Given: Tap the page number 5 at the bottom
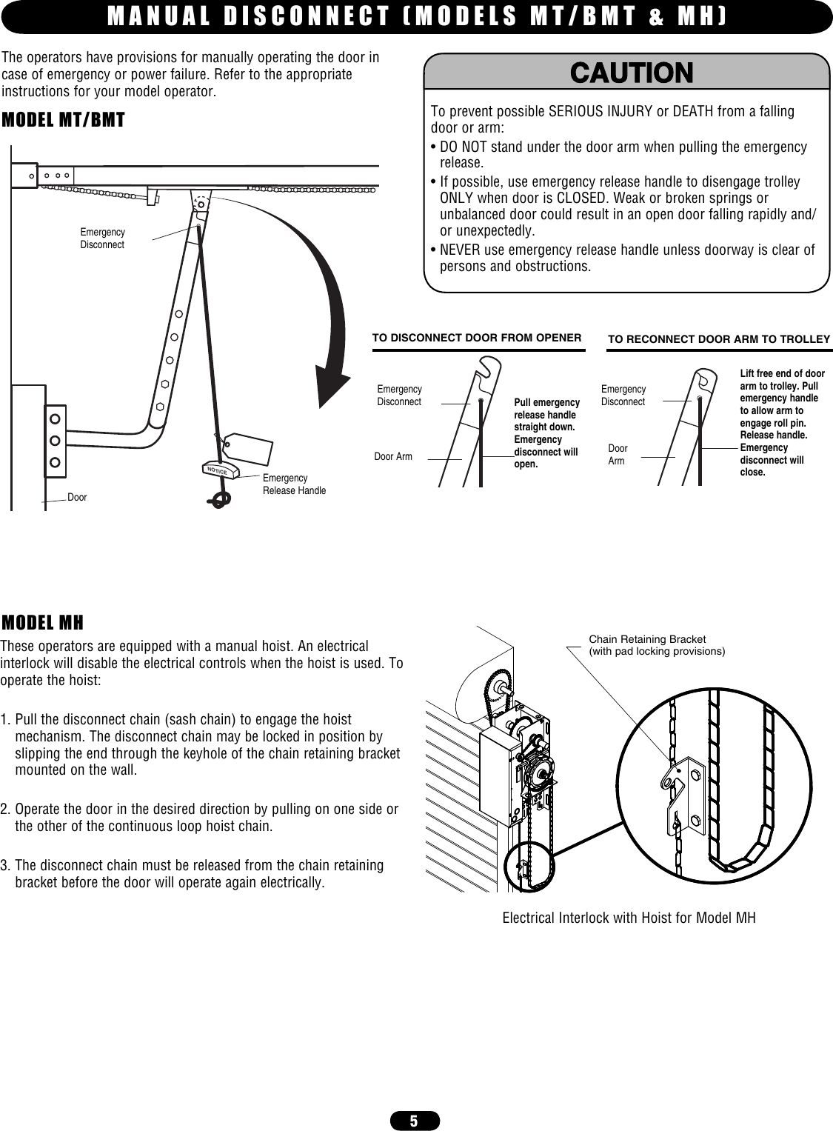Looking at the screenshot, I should [414, 1121].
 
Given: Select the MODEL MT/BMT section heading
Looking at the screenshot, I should [64, 120].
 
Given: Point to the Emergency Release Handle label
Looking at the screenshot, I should [294, 484].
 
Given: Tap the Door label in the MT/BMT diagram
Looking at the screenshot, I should [77, 498].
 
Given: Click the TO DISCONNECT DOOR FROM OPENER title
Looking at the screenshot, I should [476, 338].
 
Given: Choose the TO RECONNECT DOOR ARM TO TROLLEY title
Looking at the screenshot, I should [718, 339].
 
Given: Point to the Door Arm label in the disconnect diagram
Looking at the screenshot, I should [393, 457].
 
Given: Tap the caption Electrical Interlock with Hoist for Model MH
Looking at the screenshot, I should [629, 918].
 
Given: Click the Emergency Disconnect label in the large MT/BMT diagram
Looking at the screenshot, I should [102, 238].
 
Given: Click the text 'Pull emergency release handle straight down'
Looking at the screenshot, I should [546, 415].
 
